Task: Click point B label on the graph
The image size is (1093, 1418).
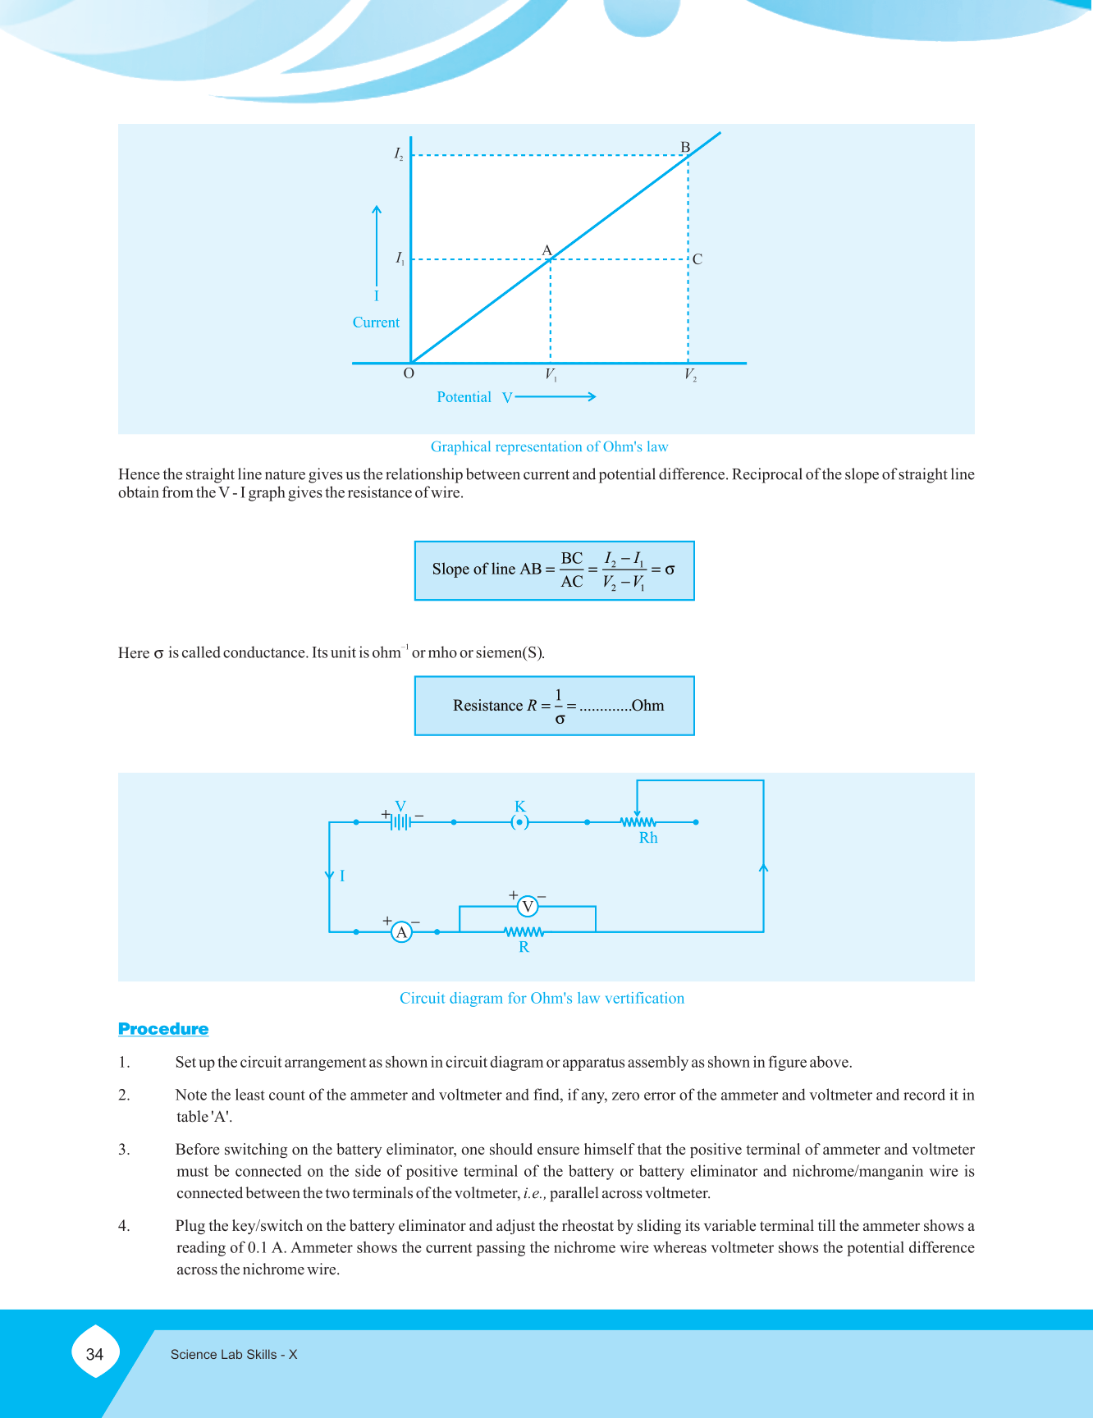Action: pyautogui.click(x=685, y=148)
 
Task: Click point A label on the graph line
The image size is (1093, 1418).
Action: pyautogui.click(x=546, y=250)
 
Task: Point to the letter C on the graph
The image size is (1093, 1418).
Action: pyautogui.click(x=697, y=259)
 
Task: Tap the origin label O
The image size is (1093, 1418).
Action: pyautogui.click(x=409, y=373)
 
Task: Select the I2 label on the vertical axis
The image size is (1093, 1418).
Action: pyautogui.click(x=399, y=153)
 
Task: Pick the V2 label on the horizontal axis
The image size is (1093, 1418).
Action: pyautogui.click(x=691, y=375)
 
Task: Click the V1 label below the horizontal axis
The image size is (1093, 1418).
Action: pyautogui.click(x=551, y=375)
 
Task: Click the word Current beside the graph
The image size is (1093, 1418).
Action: pyautogui.click(x=376, y=322)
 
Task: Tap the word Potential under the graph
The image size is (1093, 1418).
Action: pyautogui.click(x=464, y=397)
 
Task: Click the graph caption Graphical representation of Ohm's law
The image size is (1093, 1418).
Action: pyautogui.click(x=549, y=446)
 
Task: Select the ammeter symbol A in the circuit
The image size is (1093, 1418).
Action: pyautogui.click(x=401, y=932)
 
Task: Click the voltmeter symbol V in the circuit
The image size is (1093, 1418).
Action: pyautogui.click(x=528, y=907)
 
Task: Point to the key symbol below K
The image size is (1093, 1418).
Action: pyautogui.click(x=519, y=822)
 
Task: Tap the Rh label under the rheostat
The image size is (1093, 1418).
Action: pyautogui.click(x=648, y=838)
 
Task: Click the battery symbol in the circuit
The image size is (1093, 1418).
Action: pyautogui.click(x=400, y=821)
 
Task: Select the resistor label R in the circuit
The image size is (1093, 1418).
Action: pyautogui.click(x=524, y=947)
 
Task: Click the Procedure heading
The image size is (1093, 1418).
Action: pyautogui.click(x=163, y=1029)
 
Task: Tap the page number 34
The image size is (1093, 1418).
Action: pyautogui.click(x=95, y=1355)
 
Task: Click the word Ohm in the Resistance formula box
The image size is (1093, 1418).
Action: pyautogui.click(x=647, y=706)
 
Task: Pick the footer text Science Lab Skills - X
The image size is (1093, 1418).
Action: pyautogui.click(x=234, y=1355)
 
